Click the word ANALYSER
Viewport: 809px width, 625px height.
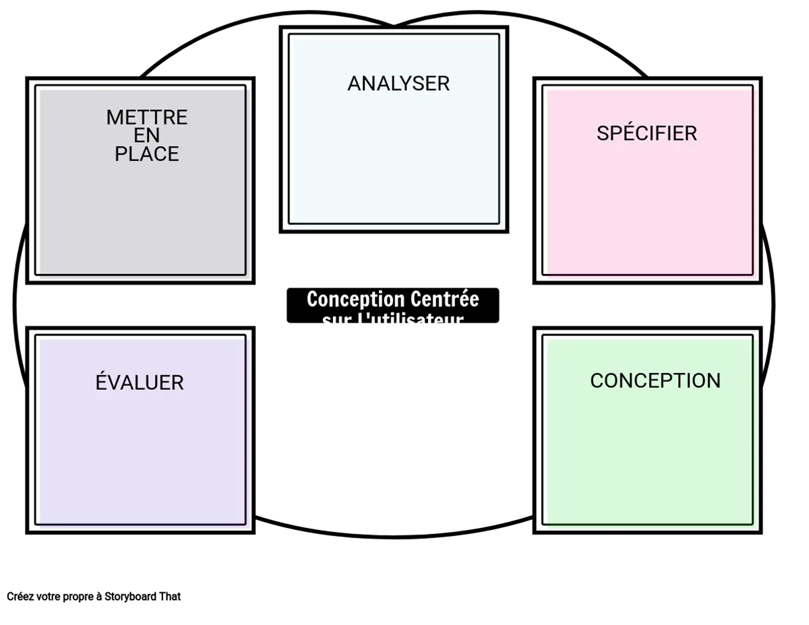398,84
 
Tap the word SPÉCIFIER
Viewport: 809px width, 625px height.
647,133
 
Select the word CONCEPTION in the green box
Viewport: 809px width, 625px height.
655,381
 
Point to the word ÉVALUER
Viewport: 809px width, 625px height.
140,383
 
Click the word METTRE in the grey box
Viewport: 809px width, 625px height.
147,117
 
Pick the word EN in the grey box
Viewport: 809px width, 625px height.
147,135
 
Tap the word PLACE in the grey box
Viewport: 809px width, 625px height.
147,154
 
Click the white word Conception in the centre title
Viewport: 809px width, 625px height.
355,299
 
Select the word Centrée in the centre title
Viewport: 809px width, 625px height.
444,299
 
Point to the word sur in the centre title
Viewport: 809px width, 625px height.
335,321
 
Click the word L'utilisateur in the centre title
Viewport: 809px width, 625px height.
410,321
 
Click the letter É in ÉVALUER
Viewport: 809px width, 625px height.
102,382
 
